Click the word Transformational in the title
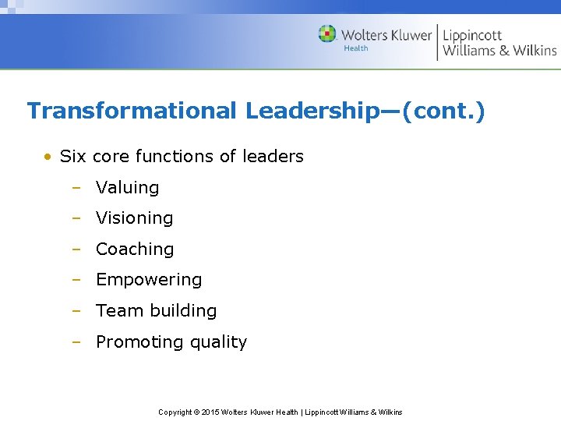click(x=131, y=111)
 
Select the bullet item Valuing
click(x=127, y=188)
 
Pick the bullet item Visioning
click(x=134, y=218)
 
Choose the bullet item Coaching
click(x=134, y=249)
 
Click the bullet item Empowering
click(x=148, y=280)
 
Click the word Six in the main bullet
click(x=73, y=157)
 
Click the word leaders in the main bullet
click(x=273, y=157)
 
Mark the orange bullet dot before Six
click(x=48, y=157)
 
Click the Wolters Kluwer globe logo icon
click(x=327, y=34)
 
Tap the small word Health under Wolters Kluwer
click(x=356, y=48)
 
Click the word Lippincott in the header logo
click(x=472, y=35)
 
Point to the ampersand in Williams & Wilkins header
click(x=504, y=51)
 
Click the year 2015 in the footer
click(x=210, y=412)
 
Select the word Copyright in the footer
click(x=175, y=412)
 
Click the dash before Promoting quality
click(x=76, y=342)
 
